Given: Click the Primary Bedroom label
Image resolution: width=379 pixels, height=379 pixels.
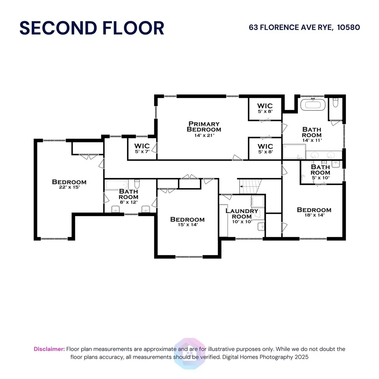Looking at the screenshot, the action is pyautogui.click(x=204, y=127).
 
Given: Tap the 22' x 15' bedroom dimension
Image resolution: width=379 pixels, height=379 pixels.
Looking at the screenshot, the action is pyautogui.click(x=69, y=187).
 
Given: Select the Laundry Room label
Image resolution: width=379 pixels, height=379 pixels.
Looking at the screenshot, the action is pyautogui.click(x=242, y=214).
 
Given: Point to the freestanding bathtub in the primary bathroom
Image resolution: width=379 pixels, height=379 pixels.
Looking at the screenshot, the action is pyautogui.click(x=313, y=105).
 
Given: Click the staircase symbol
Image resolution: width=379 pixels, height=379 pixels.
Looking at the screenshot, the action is pyautogui.click(x=250, y=186).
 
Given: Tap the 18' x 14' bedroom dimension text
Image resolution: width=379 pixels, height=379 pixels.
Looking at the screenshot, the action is pyautogui.click(x=314, y=215).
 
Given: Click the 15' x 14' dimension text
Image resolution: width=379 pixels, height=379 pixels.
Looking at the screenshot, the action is pyautogui.click(x=187, y=224).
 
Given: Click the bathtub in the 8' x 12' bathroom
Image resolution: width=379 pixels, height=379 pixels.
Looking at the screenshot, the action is pyautogui.click(x=117, y=185).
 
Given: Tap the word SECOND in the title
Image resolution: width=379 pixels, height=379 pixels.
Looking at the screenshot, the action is pyautogui.click(x=58, y=28).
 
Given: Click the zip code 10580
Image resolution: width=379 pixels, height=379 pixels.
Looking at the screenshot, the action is pyautogui.click(x=349, y=27).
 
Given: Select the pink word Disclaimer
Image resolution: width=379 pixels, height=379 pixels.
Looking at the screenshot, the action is pyautogui.click(x=49, y=349).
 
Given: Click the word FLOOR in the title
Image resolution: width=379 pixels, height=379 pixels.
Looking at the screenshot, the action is pyautogui.click(x=133, y=28).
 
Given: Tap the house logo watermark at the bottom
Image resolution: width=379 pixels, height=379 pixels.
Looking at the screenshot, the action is pyautogui.click(x=190, y=353).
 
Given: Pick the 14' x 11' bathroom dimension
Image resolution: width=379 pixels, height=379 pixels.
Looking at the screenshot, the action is pyautogui.click(x=312, y=140).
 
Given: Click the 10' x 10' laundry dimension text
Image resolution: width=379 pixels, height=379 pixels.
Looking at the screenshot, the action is pyautogui.click(x=242, y=222).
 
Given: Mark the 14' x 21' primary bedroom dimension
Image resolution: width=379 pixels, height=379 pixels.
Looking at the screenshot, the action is pyautogui.click(x=204, y=135).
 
